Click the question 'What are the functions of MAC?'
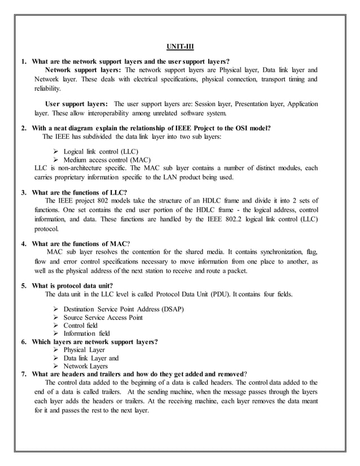pos(81,243)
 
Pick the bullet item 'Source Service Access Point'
pos(103,318)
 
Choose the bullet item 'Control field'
pos(81,326)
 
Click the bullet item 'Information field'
pos(86,333)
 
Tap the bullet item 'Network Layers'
pos(85,366)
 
